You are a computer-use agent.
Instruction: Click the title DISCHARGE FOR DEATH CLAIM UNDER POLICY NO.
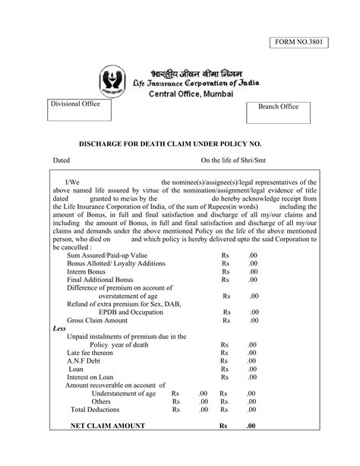(x=175, y=143)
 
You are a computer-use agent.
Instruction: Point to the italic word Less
(x=59, y=330)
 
